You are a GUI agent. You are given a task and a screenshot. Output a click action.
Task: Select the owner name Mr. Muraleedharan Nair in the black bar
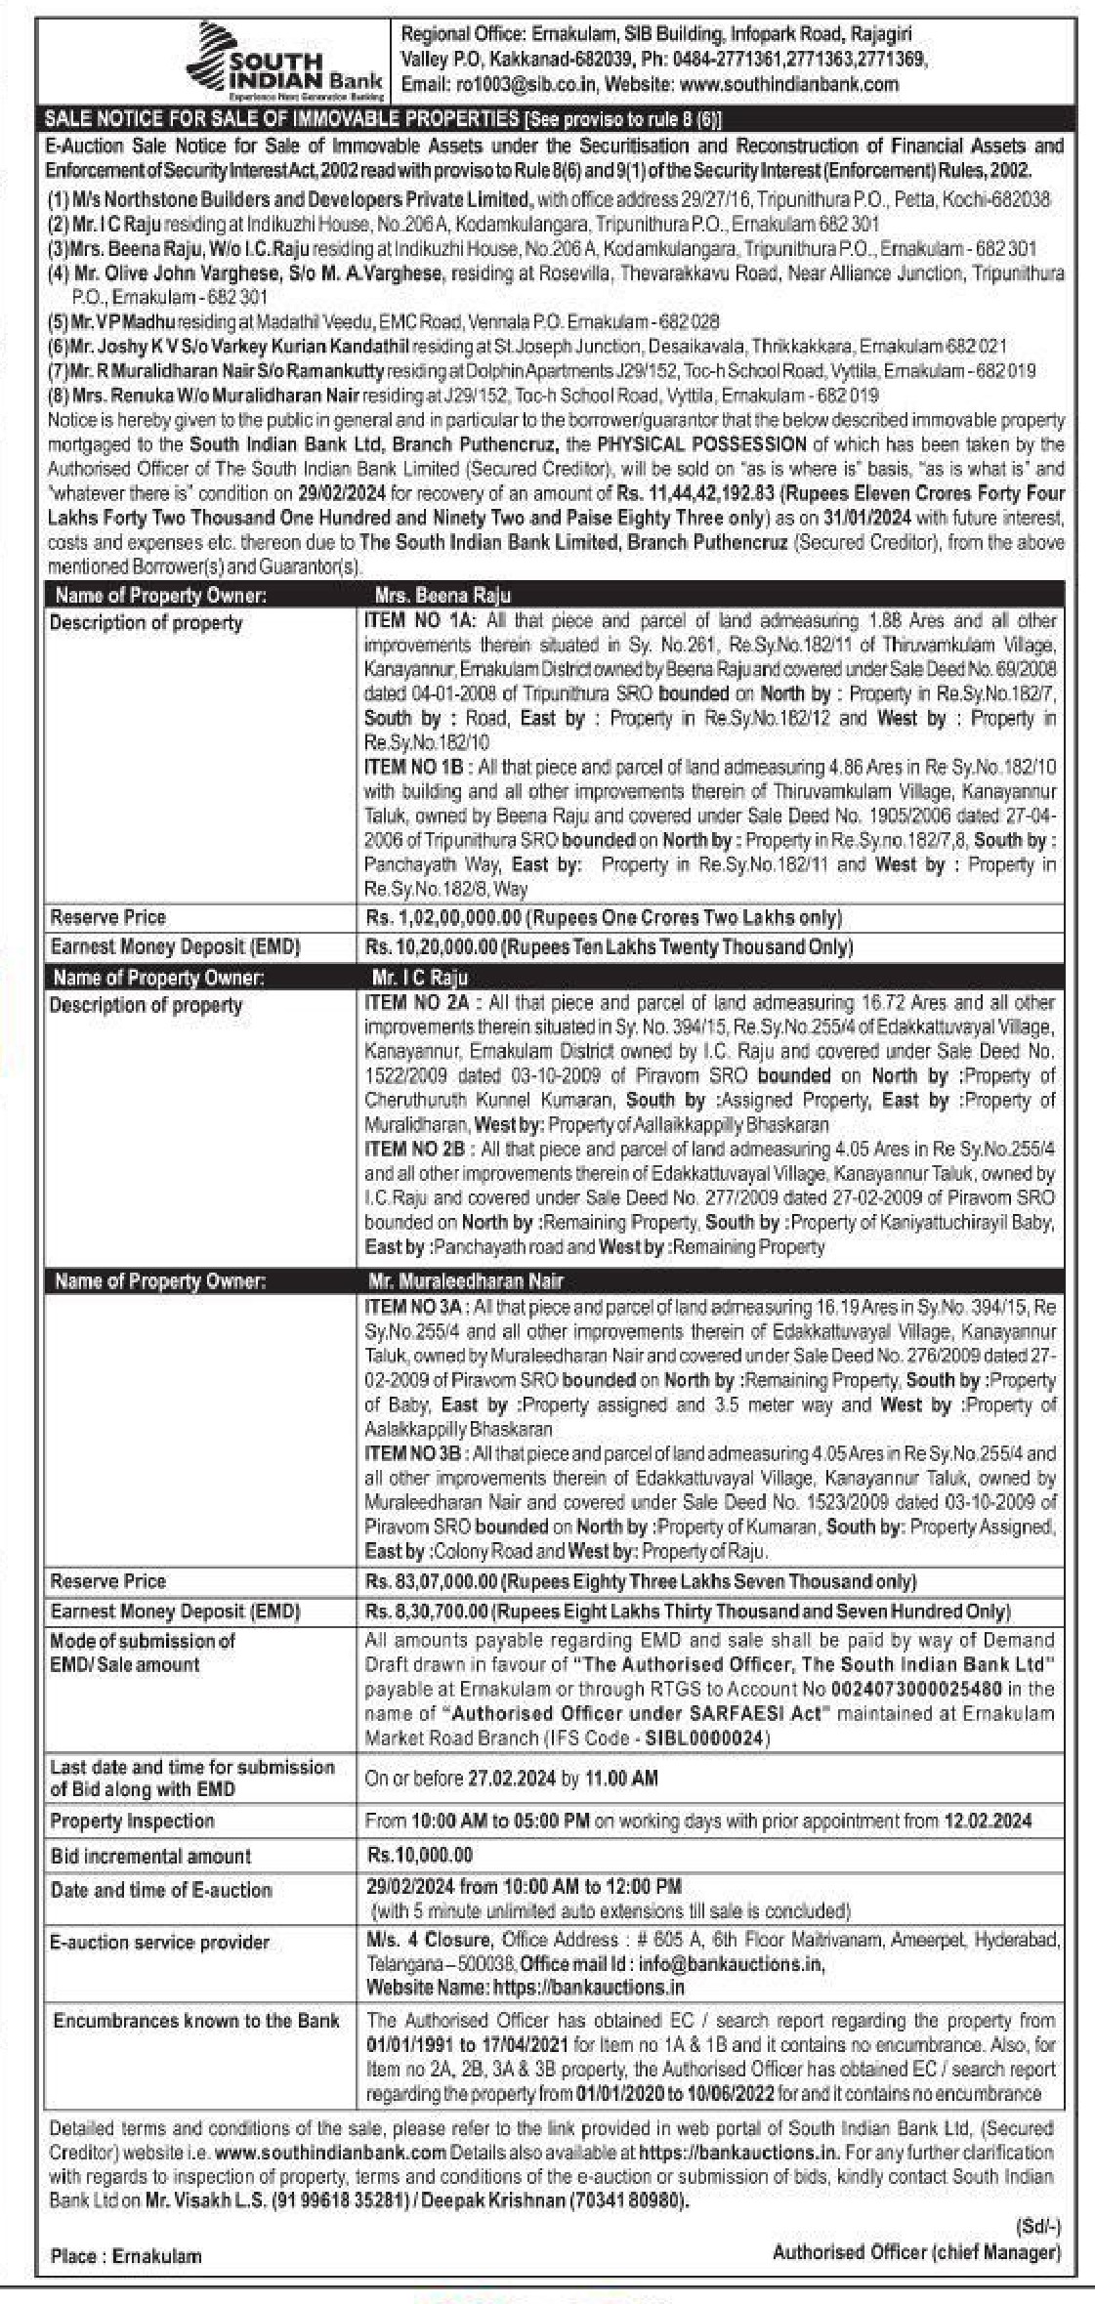[466, 1281]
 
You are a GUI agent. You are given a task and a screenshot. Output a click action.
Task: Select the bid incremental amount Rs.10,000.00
[420, 1856]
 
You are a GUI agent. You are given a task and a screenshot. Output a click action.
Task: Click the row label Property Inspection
[132, 1822]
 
